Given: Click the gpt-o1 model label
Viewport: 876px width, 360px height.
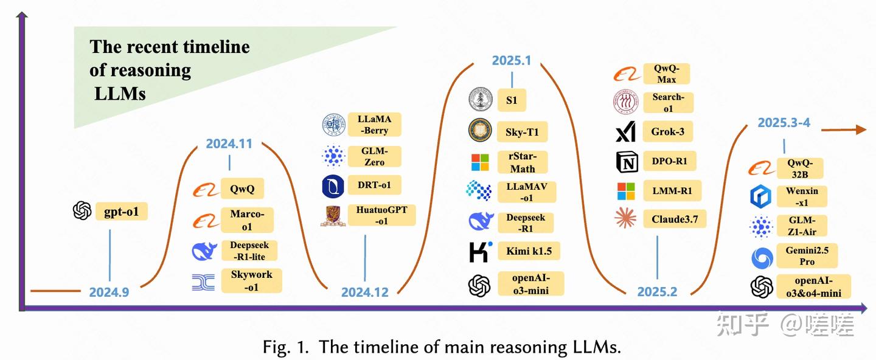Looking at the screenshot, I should tap(122, 212).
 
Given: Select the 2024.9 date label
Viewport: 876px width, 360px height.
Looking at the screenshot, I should tap(109, 292).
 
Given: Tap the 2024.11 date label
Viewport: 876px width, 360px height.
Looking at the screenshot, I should tap(229, 144).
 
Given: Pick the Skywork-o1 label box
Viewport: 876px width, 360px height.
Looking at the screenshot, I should tap(251, 281).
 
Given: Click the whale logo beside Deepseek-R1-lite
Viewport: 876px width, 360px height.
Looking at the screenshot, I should tap(204, 251).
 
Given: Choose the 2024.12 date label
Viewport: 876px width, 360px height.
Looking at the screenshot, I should tap(364, 292).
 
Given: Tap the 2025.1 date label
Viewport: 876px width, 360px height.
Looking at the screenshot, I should tap(512, 60).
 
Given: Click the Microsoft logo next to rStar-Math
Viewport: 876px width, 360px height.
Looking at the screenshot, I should tap(480, 162).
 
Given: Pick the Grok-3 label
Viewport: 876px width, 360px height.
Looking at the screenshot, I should tap(667, 131).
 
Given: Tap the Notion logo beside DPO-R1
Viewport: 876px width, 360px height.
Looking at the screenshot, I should tap(626, 162).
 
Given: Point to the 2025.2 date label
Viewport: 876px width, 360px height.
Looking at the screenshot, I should tap(657, 292).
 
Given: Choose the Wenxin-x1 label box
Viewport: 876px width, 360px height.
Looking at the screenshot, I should tap(802, 196).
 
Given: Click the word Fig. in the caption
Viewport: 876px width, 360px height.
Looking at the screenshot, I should tap(278, 347).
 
